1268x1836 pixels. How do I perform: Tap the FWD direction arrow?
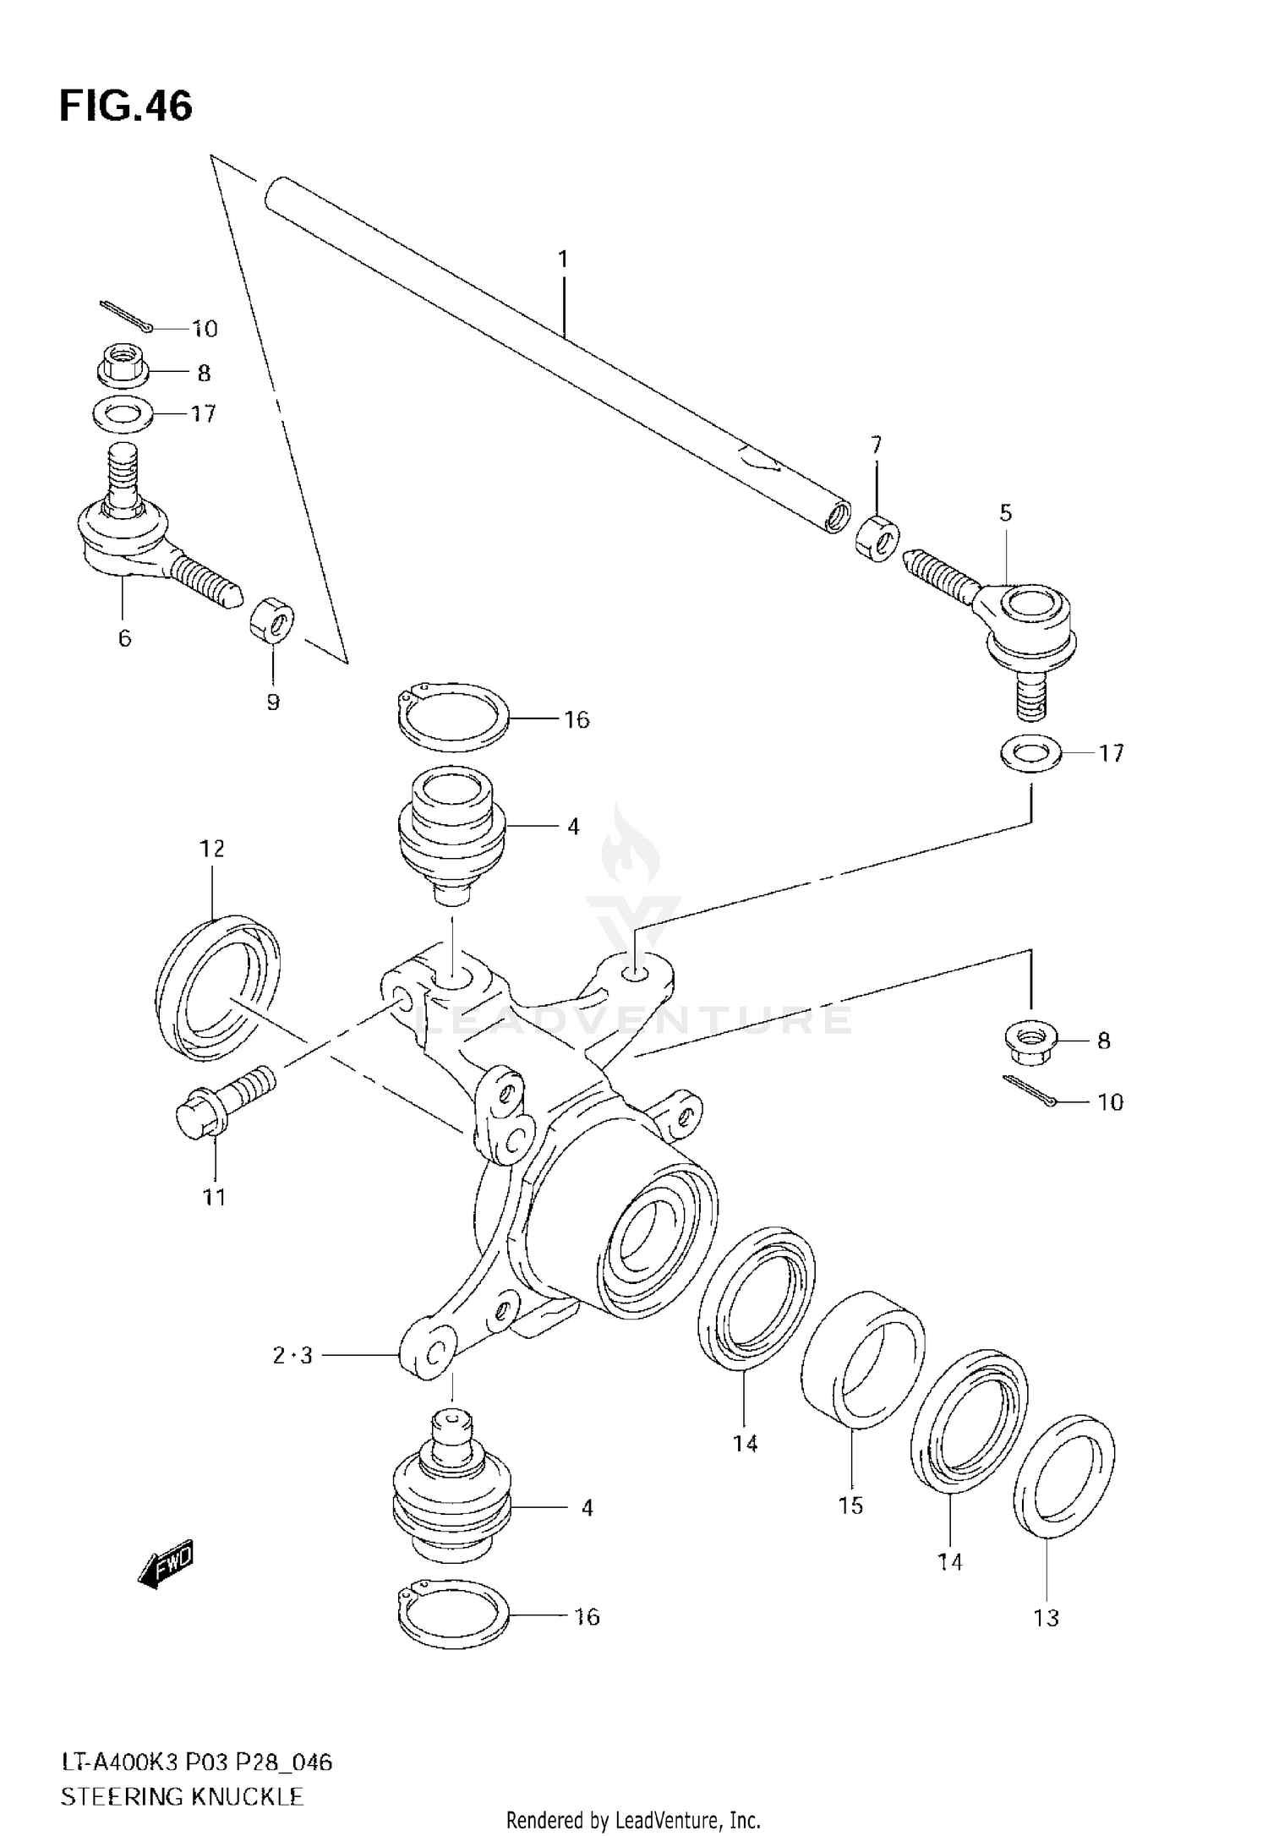[x=166, y=1564]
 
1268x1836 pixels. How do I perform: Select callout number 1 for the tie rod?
[x=563, y=260]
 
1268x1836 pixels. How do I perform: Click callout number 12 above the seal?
[x=212, y=848]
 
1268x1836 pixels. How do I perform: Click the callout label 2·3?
[x=292, y=1356]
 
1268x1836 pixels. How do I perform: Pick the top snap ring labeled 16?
[x=452, y=717]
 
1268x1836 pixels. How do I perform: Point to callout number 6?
[x=124, y=638]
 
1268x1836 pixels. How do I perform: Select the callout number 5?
[x=1006, y=513]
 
